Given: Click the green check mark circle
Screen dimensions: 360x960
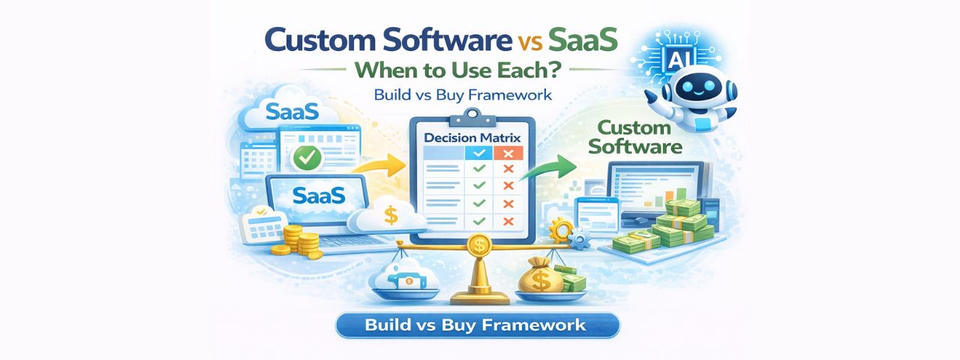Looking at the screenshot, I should coord(305,157).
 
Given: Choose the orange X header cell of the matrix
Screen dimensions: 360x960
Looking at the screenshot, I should coord(507,153).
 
